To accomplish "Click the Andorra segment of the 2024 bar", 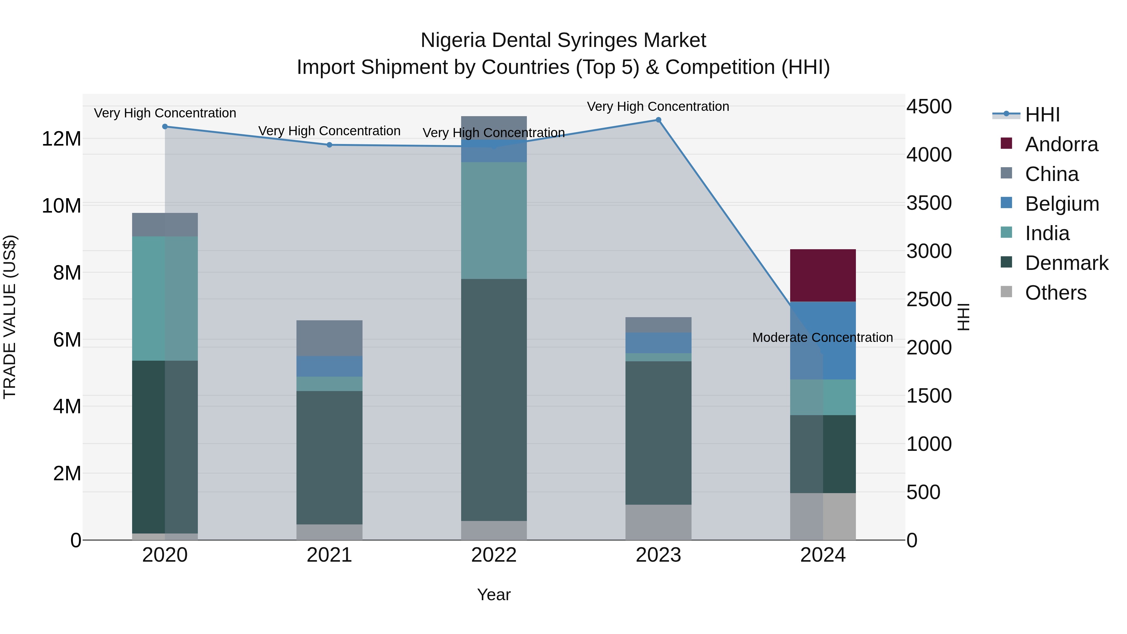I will point(822,275).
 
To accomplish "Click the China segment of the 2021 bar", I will point(329,338).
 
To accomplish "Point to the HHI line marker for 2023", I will point(658,120).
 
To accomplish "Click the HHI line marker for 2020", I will point(165,126).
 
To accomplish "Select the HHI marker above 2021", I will point(329,145).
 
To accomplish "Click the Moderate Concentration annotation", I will point(822,338).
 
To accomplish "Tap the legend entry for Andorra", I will point(1061,144).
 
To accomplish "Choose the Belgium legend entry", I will point(1062,204).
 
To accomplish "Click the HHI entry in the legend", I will point(1042,115).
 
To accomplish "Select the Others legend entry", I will point(1055,293).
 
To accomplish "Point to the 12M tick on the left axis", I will point(61,139).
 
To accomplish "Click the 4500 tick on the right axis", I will point(929,106).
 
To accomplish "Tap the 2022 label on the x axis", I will point(494,555).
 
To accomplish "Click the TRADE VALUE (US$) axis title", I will point(10,317).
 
